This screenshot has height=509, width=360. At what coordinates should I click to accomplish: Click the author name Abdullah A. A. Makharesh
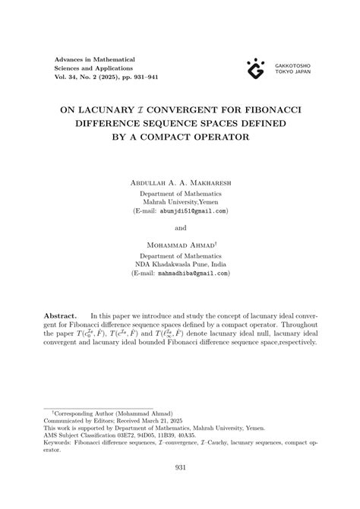point(180,183)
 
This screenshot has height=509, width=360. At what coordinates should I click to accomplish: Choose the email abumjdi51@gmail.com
point(192,211)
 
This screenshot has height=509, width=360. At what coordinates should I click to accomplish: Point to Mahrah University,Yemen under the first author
point(180,202)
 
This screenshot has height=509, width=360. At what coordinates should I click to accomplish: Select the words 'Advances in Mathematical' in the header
point(95,58)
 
